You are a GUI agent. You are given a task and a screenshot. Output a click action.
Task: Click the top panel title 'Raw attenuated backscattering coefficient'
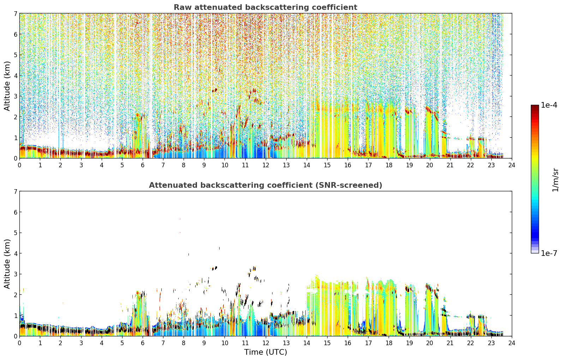[265, 7]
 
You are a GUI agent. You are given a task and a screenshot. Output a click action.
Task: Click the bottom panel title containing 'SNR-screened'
[265, 185]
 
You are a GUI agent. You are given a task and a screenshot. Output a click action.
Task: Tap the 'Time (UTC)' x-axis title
[265, 352]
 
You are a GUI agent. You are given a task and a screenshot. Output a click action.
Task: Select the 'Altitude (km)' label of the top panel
[7, 86]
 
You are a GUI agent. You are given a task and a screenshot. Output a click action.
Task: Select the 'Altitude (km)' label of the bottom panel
[7, 264]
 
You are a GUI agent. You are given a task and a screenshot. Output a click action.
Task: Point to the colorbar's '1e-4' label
[549, 105]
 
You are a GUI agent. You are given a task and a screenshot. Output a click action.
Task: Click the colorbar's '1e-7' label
[549, 253]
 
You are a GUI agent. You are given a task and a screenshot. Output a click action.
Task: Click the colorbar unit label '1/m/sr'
[555, 180]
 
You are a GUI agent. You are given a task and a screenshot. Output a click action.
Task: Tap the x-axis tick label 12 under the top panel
[266, 165]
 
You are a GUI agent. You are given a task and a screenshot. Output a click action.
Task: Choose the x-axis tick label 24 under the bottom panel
[512, 343]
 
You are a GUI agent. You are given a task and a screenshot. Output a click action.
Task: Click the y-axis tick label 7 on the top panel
[16, 13]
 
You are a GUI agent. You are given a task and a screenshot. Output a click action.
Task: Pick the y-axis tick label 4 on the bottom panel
[16, 253]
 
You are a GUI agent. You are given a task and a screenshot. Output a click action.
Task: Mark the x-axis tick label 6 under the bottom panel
[143, 343]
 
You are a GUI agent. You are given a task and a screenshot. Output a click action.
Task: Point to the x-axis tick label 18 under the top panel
[389, 165]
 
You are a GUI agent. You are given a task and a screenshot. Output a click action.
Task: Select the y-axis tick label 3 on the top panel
[16, 96]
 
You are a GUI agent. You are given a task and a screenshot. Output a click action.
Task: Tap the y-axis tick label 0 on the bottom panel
[16, 336]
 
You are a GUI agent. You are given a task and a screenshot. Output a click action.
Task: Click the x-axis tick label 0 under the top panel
[20, 165]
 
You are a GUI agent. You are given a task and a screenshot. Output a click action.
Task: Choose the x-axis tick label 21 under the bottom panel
[450, 343]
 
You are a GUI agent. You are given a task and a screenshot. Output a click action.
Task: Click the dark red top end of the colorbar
[535, 107]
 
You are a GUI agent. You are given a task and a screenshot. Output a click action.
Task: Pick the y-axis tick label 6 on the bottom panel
[16, 212]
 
